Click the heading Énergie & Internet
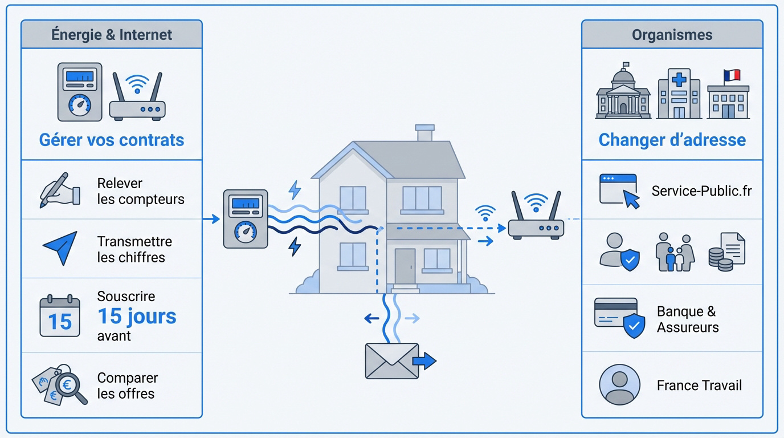point(112,34)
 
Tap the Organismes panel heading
point(672,34)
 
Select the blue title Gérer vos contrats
point(112,140)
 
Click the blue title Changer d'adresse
point(672,140)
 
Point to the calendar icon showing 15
point(59,316)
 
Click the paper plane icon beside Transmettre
point(60,248)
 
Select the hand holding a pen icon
point(60,190)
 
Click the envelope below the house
point(392,361)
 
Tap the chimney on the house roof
point(424,133)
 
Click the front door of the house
point(405,266)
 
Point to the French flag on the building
point(731,75)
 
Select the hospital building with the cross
point(679,94)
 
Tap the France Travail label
point(699,386)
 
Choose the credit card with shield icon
point(619,317)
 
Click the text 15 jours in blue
point(137,316)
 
